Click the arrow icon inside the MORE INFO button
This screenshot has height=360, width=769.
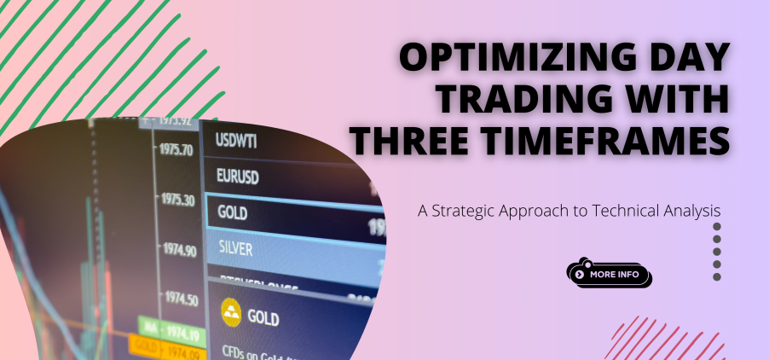pos(580,275)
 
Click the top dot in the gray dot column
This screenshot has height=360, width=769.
pos(717,228)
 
